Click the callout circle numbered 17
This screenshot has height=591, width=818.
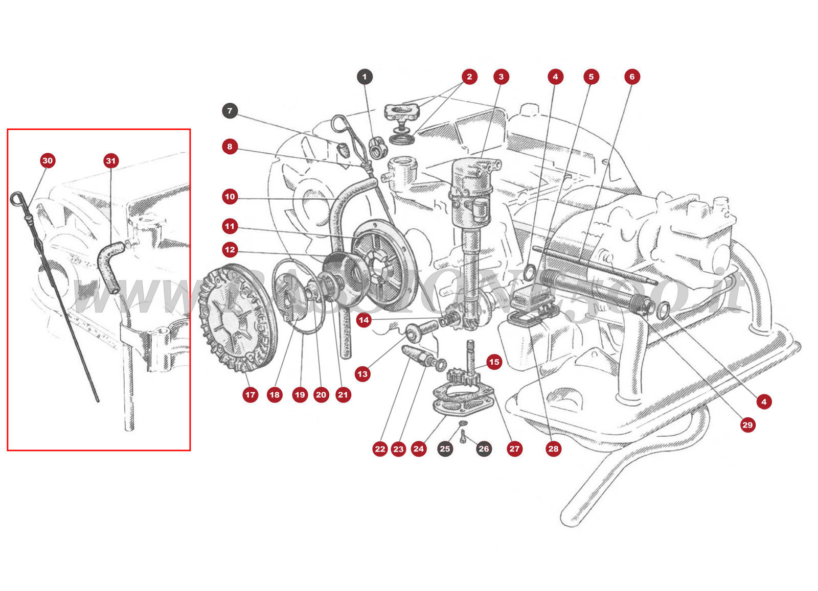(x=250, y=394)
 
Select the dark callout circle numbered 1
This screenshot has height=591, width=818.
(x=365, y=77)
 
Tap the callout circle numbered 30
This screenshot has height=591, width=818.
(x=48, y=160)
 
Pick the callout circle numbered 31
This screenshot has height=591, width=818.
(x=111, y=160)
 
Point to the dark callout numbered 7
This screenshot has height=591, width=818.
(x=230, y=110)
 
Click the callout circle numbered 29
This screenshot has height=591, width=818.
(x=747, y=424)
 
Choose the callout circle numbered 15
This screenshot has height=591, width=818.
(x=494, y=362)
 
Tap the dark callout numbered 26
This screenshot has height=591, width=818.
(x=484, y=449)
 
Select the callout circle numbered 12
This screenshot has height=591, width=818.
(x=230, y=250)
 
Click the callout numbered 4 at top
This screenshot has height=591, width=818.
(x=555, y=77)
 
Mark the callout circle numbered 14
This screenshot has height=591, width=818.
(x=363, y=320)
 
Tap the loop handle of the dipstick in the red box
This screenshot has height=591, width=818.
(x=16, y=198)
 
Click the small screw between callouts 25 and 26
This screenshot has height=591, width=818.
(x=463, y=436)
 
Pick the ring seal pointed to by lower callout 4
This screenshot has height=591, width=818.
(x=664, y=309)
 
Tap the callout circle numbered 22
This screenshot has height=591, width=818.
(x=380, y=449)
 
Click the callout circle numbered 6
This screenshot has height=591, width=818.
(x=632, y=77)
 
